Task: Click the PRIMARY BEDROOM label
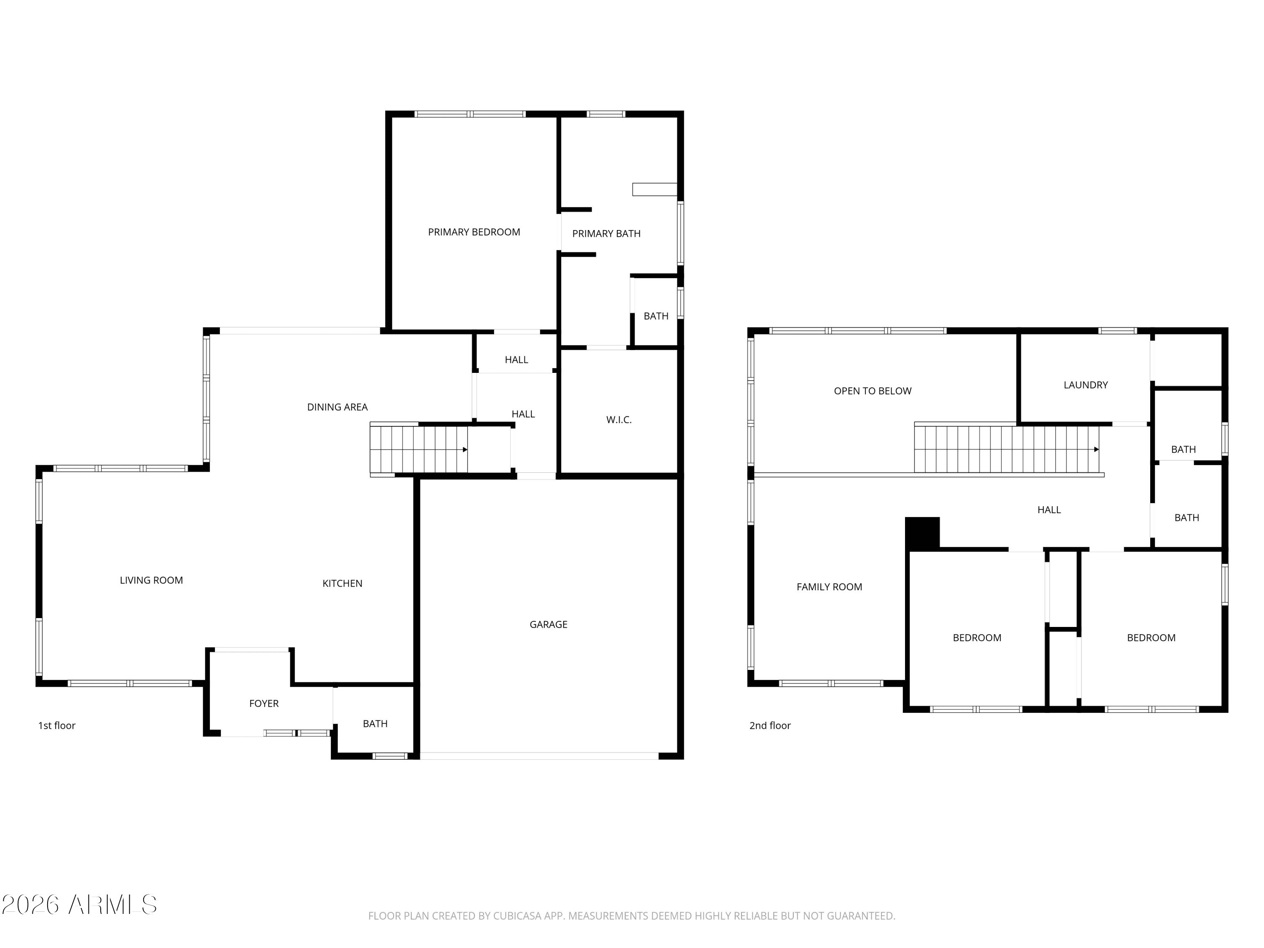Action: (x=474, y=232)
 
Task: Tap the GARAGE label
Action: (x=548, y=624)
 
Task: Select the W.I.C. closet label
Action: (x=619, y=420)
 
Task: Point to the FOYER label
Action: (x=263, y=704)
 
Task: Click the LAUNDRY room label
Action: (x=1085, y=385)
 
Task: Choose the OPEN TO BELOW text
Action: (x=872, y=391)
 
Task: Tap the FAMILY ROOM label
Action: (x=829, y=587)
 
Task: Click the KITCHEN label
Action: (x=342, y=584)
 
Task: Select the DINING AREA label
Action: (x=337, y=407)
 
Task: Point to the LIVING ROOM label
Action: (x=151, y=581)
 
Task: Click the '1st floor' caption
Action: (x=56, y=726)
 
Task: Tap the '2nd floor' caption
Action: (x=770, y=726)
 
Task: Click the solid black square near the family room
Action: (x=922, y=533)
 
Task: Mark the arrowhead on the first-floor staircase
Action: (x=465, y=450)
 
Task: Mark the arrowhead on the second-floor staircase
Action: (x=1096, y=450)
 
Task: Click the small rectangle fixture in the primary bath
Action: (x=654, y=189)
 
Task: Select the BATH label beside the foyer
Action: (x=375, y=724)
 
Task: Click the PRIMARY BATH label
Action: (x=606, y=234)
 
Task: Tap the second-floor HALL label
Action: (x=1049, y=510)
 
